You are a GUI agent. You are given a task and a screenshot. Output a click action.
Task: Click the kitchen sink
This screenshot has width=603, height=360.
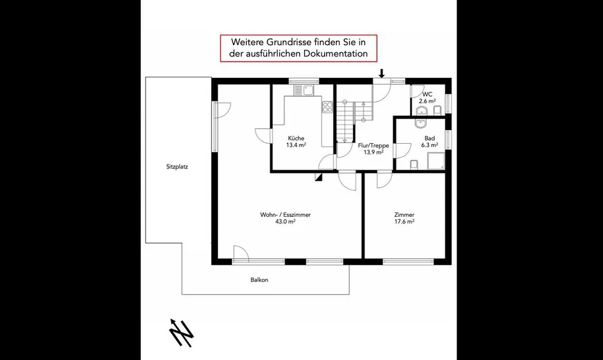tap(304, 90)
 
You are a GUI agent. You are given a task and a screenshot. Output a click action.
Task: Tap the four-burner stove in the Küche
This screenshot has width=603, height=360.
tap(328, 107)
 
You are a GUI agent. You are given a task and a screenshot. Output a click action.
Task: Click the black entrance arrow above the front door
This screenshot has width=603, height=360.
tap(382, 73)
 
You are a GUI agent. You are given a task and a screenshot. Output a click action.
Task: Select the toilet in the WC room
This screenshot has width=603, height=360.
tap(437, 111)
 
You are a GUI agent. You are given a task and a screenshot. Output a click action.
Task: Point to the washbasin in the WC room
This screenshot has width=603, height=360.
tap(422, 111)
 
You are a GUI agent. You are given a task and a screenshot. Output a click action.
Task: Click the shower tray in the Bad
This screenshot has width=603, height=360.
tap(436, 161)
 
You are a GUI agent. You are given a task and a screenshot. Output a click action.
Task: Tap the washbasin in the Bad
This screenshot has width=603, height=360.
tap(420, 124)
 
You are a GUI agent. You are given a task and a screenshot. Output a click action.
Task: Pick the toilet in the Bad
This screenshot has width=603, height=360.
tap(414, 165)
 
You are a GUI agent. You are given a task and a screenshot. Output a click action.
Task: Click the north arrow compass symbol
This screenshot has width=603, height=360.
tap(181, 333)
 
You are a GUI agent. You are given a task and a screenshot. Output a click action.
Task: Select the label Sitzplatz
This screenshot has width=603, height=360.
tap(177, 167)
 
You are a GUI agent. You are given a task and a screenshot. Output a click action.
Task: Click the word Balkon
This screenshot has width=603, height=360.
tap(259, 280)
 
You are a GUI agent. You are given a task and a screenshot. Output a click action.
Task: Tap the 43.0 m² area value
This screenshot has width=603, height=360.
tap(285, 222)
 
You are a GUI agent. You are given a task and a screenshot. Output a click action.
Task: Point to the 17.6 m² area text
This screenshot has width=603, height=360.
tap(404, 222)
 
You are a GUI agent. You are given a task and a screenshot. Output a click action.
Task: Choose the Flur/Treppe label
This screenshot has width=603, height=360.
tap(373, 145)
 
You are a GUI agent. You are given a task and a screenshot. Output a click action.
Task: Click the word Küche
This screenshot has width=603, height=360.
tap(296, 138)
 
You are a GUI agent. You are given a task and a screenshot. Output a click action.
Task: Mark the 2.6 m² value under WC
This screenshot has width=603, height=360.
tap(427, 101)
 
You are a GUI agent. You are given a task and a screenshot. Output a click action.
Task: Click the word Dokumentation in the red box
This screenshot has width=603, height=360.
tap(335, 53)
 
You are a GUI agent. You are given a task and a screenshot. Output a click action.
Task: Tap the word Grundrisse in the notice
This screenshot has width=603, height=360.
tap(281, 41)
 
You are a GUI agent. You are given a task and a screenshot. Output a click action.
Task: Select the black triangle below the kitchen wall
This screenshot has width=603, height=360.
tap(318, 177)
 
